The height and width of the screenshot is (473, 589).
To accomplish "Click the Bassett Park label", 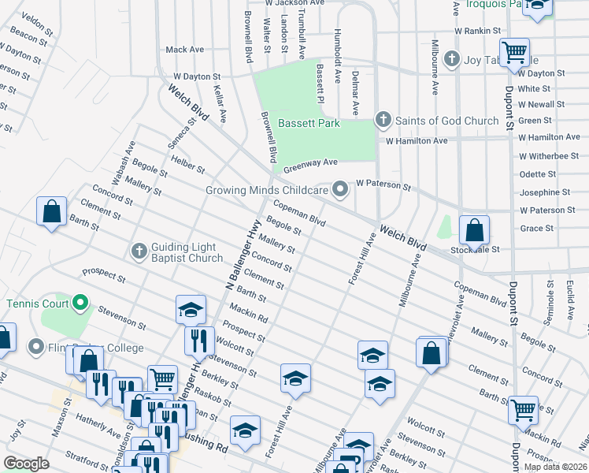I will click(x=308, y=123).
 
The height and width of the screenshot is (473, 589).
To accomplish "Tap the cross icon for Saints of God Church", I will click(x=383, y=121).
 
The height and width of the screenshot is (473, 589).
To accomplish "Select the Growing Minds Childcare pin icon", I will click(x=340, y=189).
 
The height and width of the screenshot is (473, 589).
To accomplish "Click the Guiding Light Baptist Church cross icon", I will click(x=139, y=251).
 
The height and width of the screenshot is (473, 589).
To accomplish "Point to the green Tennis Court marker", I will click(x=80, y=303).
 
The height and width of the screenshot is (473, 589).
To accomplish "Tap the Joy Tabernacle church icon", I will click(x=451, y=59).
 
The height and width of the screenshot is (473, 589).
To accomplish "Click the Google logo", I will click(x=26, y=464).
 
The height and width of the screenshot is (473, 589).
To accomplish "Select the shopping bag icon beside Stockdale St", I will click(x=474, y=230).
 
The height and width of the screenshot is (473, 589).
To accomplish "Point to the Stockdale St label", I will click(x=475, y=249).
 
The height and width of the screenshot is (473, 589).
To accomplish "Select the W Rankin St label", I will click(x=477, y=31).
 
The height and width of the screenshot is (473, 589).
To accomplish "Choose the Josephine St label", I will click(x=544, y=192).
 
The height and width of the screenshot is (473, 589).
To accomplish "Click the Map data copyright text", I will click(x=555, y=467).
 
